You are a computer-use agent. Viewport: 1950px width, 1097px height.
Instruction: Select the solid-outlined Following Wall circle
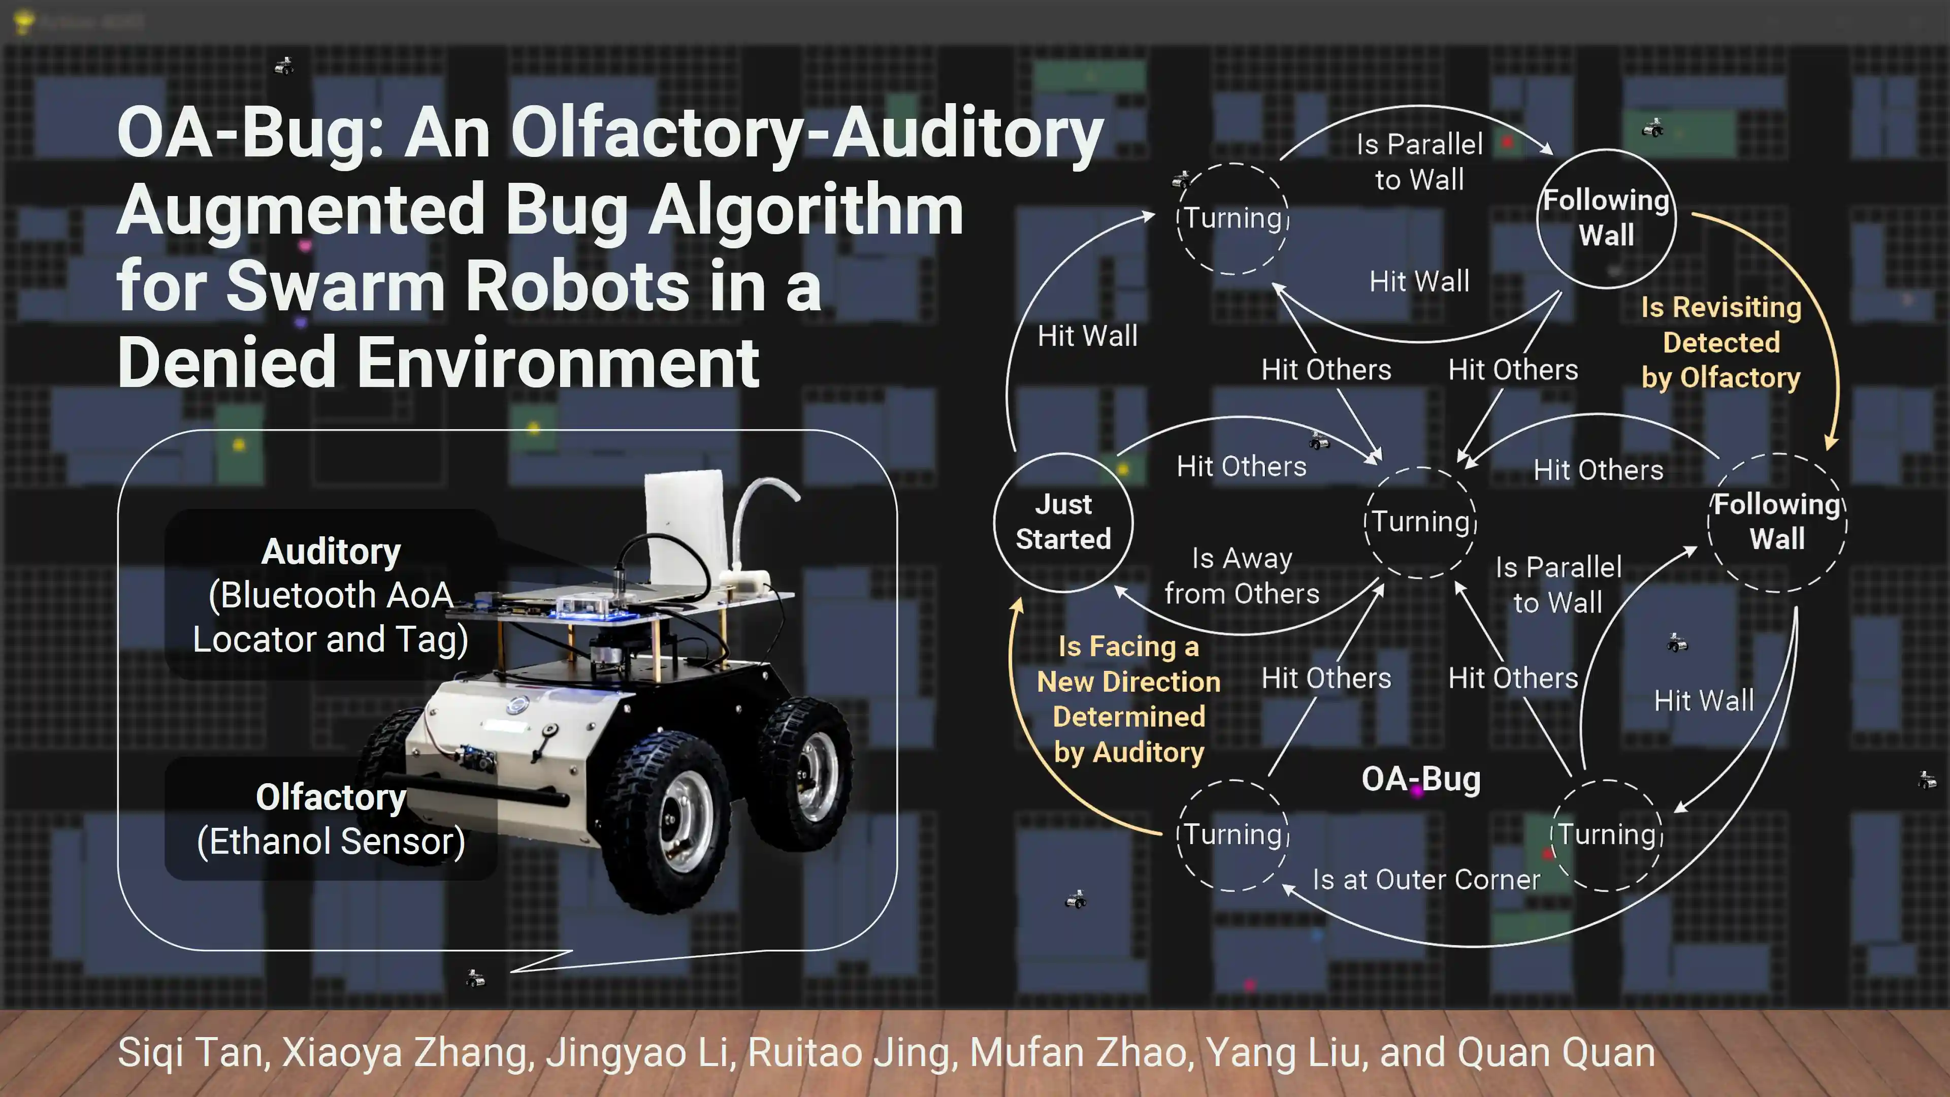(1606, 218)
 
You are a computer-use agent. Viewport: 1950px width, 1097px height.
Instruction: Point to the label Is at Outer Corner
(1426, 880)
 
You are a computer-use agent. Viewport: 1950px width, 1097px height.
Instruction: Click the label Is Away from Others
(1242, 576)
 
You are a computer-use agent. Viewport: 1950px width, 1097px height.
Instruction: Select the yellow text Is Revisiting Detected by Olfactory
(1720, 342)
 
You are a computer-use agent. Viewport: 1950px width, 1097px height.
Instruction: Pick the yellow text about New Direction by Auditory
(1129, 699)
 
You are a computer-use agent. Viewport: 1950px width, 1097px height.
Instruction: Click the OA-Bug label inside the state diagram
(1421, 779)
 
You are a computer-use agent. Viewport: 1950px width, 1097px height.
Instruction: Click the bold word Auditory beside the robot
(331, 551)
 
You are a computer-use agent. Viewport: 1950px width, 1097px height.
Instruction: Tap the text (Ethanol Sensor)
(331, 841)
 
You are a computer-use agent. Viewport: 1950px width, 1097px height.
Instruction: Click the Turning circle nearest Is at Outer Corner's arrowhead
(1232, 835)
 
